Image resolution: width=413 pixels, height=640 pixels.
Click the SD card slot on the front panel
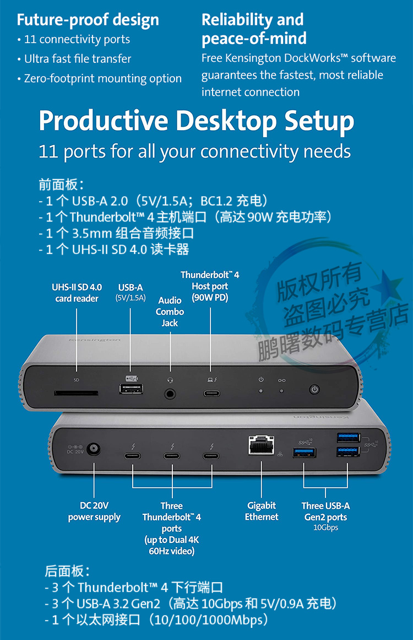click(76, 394)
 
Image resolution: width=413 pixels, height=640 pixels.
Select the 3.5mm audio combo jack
click(170, 394)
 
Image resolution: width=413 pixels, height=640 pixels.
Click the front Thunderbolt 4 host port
click(210, 394)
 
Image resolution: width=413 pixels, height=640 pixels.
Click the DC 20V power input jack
click(94, 449)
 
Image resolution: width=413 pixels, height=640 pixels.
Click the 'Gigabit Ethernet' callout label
click(262, 511)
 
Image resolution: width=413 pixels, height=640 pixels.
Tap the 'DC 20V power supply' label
click(94, 511)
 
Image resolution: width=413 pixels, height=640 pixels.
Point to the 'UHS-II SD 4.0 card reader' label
click(77, 293)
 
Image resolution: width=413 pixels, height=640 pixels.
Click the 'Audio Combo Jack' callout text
click(170, 311)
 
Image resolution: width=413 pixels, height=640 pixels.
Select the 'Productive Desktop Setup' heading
click(196, 121)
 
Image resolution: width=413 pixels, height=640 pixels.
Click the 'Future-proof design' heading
click(88, 20)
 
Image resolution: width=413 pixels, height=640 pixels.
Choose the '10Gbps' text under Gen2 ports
click(325, 528)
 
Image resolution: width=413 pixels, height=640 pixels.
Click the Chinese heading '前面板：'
click(61, 184)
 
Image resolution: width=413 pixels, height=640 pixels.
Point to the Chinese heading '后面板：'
click(67, 571)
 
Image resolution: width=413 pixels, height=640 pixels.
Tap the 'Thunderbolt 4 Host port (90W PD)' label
click(210, 286)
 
